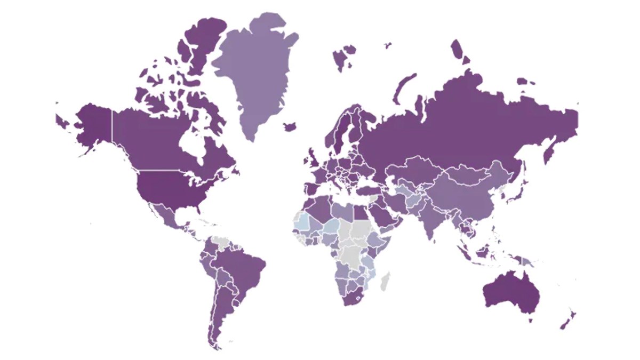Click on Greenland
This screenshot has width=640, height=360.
coord(256,69)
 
